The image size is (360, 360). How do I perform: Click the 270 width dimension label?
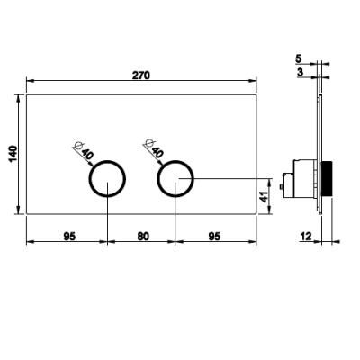(x=141, y=76)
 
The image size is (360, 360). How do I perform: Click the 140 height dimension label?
(x=13, y=154)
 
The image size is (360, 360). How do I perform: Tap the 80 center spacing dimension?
(x=143, y=237)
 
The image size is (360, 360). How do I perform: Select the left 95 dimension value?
(x=69, y=237)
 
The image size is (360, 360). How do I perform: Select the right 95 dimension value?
(x=214, y=237)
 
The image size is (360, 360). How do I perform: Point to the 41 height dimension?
(x=263, y=197)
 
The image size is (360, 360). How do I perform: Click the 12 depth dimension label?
(x=306, y=237)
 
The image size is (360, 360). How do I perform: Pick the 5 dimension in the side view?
(x=298, y=58)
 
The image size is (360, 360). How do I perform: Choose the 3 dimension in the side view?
(x=301, y=72)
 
